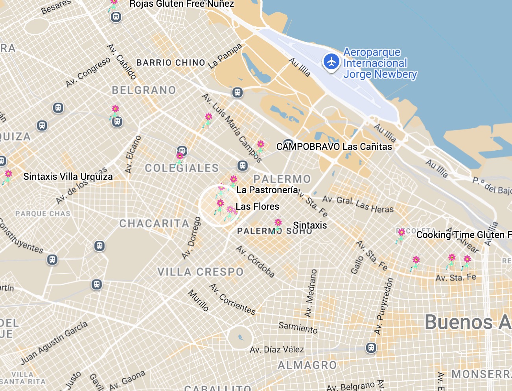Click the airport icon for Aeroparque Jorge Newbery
point(331,62)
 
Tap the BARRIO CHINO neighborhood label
point(171,63)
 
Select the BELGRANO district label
point(144,90)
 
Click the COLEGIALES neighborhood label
point(182,168)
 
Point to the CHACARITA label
point(154,224)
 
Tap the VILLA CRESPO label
point(201,272)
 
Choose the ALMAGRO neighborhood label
point(307,365)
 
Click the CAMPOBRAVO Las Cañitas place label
point(334,147)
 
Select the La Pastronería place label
point(267,190)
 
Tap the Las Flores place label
point(258,207)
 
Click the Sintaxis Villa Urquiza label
point(68,177)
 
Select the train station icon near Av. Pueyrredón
point(371,348)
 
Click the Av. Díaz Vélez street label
point(277,349)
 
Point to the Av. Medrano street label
point(310,293)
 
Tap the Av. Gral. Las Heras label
point(358,204)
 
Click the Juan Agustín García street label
point(54,343)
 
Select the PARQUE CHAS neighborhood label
point(43,214)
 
